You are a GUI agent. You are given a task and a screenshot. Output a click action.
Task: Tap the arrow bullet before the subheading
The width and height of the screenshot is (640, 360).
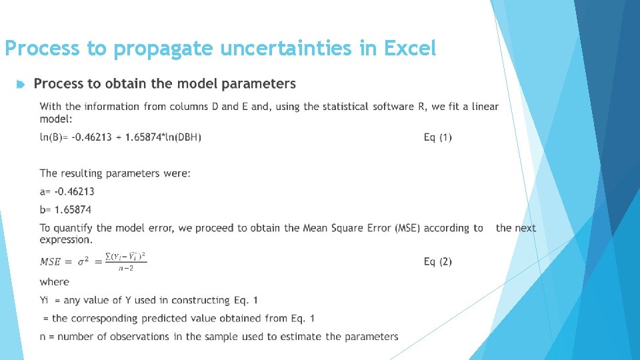point(20,85)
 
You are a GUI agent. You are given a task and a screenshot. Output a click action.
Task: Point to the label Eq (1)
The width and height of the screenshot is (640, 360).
point(437,137)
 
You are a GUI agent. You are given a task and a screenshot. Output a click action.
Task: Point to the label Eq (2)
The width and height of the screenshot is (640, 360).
point(437,261)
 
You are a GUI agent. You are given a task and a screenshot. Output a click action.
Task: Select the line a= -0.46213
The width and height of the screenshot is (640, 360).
point(67,191)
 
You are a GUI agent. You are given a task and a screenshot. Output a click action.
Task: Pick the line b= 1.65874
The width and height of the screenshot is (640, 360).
point(65,209)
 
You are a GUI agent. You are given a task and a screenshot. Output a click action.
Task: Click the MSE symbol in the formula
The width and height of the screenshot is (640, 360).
point(53,261)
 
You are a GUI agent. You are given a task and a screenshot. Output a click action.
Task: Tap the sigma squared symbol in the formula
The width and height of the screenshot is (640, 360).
point(83,261)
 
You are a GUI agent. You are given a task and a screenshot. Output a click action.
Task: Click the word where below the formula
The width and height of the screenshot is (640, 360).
point(54,282)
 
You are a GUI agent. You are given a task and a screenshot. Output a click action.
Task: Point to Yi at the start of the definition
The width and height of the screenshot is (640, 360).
point(45,300)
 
